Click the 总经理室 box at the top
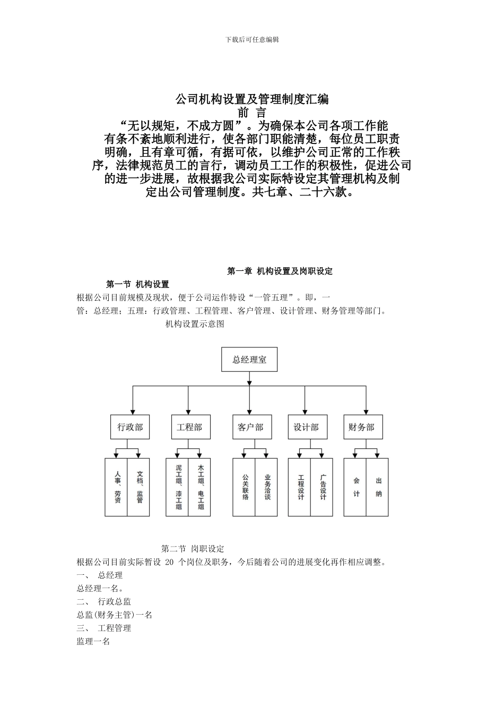coord(249,360)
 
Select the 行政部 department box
coord(130,427)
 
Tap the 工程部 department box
coord(190,427)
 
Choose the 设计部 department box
coord(306,427)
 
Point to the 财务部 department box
coord(362,427)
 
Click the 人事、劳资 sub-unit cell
coord(117,487)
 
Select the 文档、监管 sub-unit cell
coord(139,487)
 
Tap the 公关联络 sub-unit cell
coord(245,487)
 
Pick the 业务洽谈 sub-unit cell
coord(267,487)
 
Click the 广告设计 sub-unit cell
coord(323,487)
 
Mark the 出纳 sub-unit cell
coord(378,487)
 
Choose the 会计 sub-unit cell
coord(356,487)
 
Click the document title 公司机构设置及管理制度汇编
coord(252,99)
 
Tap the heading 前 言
coord(252,113)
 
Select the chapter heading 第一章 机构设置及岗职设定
coord(280,271)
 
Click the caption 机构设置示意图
coord(195,324)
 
